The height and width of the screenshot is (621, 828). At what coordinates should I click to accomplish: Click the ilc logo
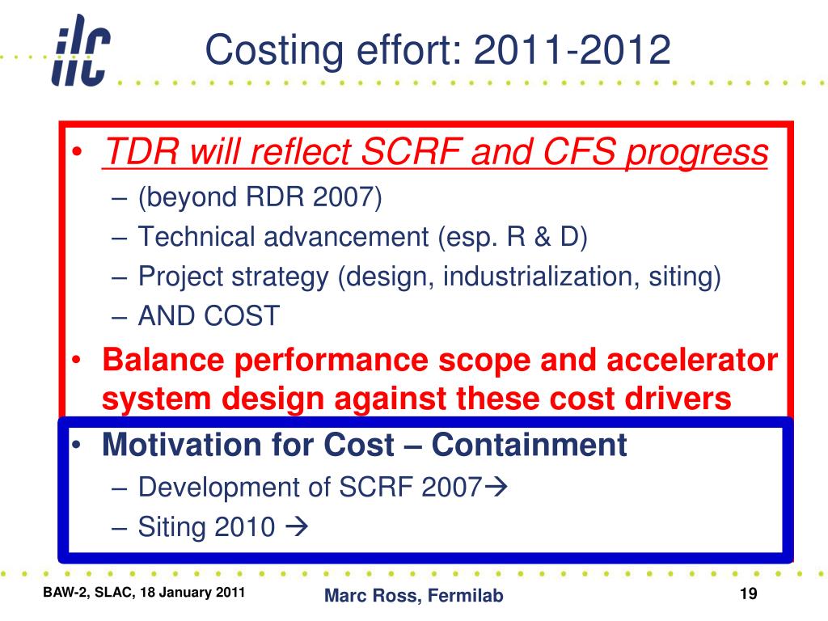coord(81,51)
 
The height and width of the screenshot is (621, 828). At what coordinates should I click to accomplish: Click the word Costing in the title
coord(274,51)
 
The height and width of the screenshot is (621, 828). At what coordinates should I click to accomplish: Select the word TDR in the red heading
coord(142,151)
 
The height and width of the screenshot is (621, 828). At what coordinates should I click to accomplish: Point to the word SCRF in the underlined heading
coord(412,151)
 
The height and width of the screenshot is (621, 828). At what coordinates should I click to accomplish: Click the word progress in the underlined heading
coord(697,154)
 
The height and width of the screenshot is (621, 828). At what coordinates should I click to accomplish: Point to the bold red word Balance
coord(163,360)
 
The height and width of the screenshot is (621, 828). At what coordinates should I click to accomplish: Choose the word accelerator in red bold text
coord(692,360)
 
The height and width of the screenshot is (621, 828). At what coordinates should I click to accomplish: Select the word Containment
coord(529,444)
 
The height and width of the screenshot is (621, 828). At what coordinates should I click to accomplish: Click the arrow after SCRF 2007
coord(496,486)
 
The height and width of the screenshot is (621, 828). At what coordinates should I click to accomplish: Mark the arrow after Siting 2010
coord(296,526)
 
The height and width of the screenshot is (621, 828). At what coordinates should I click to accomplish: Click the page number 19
coord(748,594)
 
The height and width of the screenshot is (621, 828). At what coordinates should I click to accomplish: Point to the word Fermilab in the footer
coord(465,595)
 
